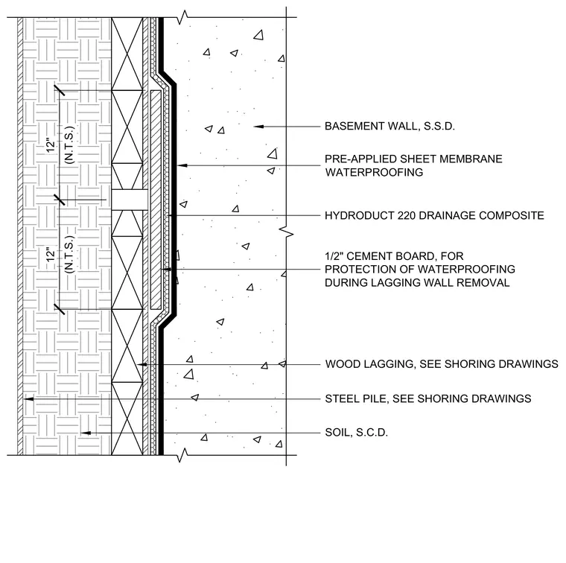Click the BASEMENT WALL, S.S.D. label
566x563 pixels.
(389, 127)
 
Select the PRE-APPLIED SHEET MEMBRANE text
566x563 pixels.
(413, 159)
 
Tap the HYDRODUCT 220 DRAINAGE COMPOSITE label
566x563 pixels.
(434, 215)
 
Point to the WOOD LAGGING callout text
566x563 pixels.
(442, 363)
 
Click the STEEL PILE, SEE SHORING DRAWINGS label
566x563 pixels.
(428, 398)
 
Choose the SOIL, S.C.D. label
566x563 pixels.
(356, 433)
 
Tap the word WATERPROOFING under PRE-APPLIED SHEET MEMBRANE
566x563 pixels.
(374, 172)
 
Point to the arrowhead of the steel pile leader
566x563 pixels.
(29, 399)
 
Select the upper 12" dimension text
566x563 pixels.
(51, 144)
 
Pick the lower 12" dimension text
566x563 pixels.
(51, 254)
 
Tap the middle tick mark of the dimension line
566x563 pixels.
(60, 200)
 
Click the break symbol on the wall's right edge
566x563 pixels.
(287, 232)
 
